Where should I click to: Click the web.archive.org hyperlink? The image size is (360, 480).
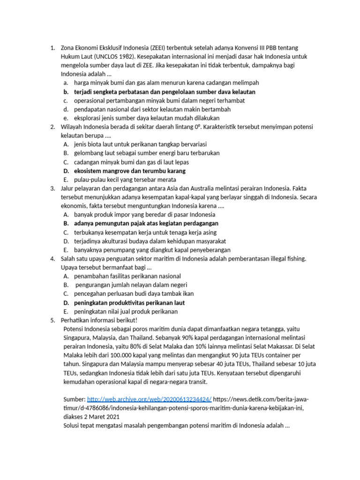click(x=150, y=399)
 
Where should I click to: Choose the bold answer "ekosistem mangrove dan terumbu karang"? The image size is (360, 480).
click(x=130, y=171)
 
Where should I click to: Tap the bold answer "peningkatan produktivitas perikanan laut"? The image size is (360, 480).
click(x=129, y=303)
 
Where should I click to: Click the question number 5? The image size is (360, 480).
click(x=53, y=320)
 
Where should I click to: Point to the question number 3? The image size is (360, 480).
click(x=53, y=188)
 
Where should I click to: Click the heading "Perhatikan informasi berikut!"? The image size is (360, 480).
click(x=99, y=320)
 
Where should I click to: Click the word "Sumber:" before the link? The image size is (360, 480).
click(x=74, y=399)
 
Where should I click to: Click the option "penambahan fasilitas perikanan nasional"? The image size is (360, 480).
click(x=127, y=276)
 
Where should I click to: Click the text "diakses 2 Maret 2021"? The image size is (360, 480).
click(x=91, y=416)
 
